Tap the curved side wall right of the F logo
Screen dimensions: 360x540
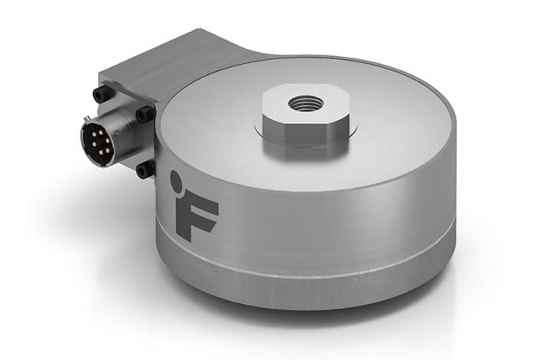(x=332, y=213)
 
